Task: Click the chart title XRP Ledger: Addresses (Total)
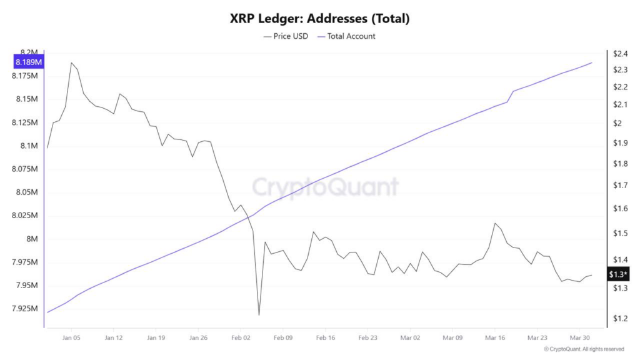point(319,19)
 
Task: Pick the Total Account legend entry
point(346,36)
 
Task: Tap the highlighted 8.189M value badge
point(29,62)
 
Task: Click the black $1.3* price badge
point(619,274)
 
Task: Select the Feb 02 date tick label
point(241,337)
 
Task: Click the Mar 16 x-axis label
point(495,337)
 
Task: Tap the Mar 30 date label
point(579,337)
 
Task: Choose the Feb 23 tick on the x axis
point(367,337)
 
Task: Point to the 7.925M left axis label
point(24,309)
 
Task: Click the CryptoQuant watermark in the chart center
point(325,186)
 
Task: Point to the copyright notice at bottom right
point(584,349)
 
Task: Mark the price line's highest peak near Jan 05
point(71,62)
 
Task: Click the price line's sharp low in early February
point(259,315)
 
